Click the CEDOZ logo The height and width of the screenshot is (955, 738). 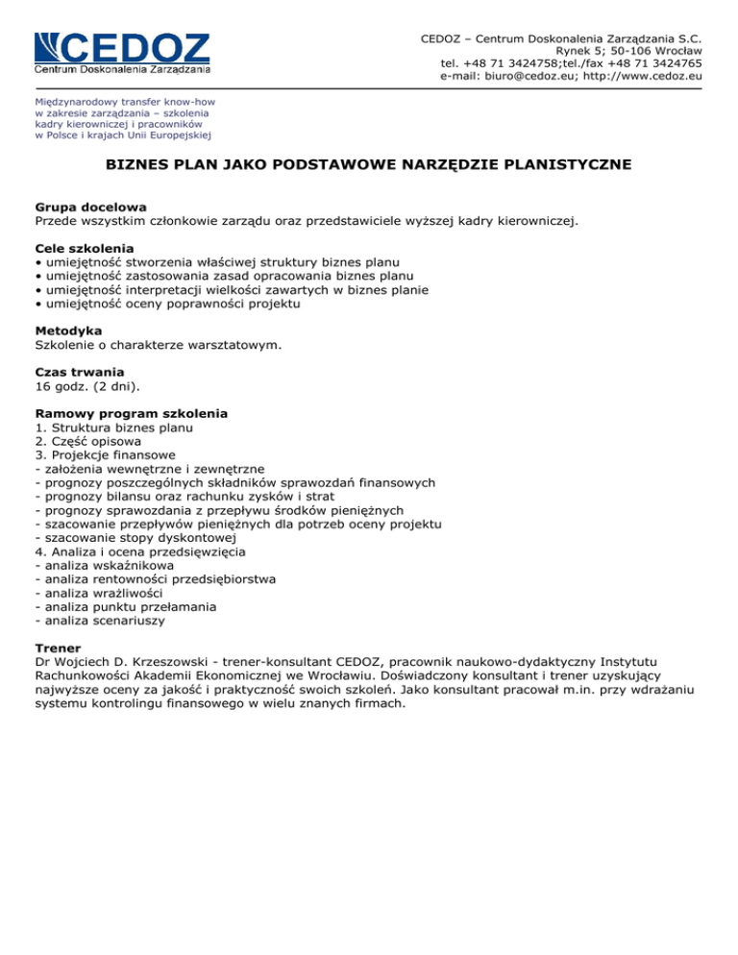[x=122, y=52]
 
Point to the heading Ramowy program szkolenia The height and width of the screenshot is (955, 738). [x=132, y=412]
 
